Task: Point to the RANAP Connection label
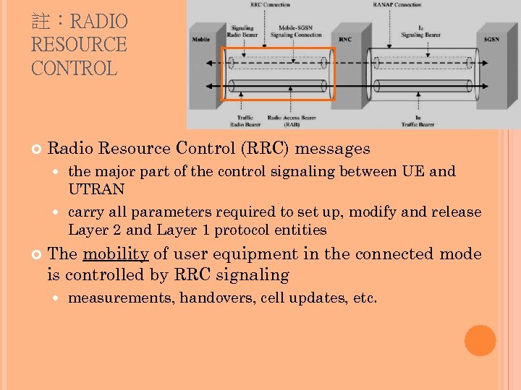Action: point(397,4)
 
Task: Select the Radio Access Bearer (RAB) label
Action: point(292,120)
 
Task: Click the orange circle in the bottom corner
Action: point(480,341)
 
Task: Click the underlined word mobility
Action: point(116,254)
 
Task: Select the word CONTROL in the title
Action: point(74,69)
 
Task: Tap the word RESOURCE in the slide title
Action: point(79,45)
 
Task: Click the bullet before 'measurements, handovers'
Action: point(57,298)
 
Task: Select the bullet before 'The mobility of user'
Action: point(37,254)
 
